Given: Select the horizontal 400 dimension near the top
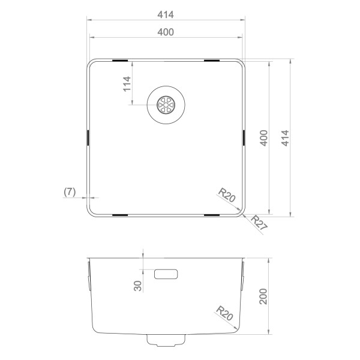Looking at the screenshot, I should point(166,32).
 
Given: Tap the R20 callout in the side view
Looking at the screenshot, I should point(226,313).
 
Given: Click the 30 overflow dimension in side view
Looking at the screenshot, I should point(138,286).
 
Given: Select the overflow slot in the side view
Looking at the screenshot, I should point(166,275).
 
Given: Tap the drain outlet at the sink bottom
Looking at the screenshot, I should point(166,341).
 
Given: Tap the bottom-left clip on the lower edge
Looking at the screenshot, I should point(119,214).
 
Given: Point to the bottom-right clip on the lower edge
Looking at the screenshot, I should point(212,214).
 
